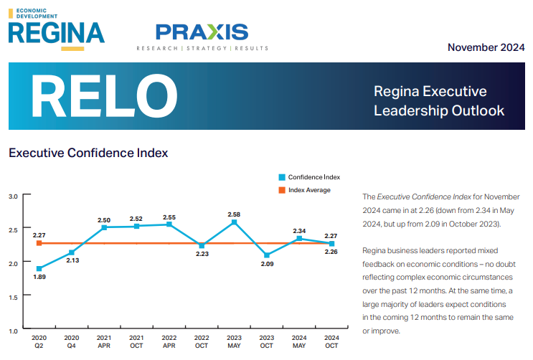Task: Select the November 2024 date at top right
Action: point(486,47)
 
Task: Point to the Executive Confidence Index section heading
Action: point(88,153)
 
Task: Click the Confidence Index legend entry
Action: point(309,177)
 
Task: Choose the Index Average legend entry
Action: point(304,190)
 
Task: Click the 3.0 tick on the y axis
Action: point(13,196)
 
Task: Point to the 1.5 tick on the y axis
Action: point(13,297)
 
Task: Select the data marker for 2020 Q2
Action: point(39,269)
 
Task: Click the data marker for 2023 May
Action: point(234,222)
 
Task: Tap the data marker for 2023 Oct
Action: point(266,255)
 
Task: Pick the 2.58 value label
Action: point(234,214)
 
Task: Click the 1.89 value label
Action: point(39,277)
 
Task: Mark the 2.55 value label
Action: point(169,217)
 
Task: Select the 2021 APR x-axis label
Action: point(104,341)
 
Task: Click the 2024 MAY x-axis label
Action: point(298,341)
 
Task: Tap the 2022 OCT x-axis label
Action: point(202,341)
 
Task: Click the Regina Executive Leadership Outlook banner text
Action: point(439,101)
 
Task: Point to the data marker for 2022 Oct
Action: point(202,246)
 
